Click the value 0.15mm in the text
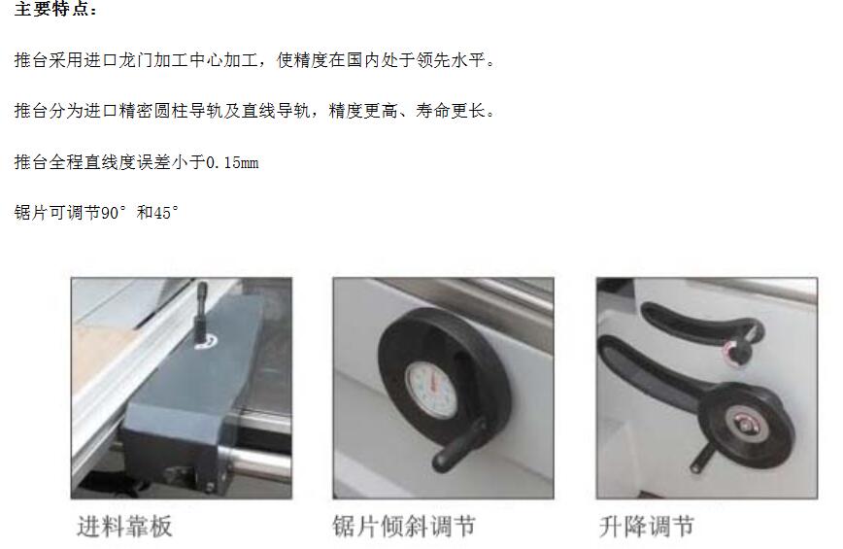tap(232, 162)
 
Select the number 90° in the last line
tap(113, 213)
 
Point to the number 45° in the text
tap(165, 213)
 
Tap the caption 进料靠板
tap(124, 527)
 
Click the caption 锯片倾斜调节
tap(404, 527)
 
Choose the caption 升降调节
tap(646, 527)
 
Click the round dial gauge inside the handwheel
tap(431, 391)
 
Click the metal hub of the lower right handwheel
tap(744, 425)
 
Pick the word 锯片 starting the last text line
tap(31, 213)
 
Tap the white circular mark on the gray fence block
tap(207, 342)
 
